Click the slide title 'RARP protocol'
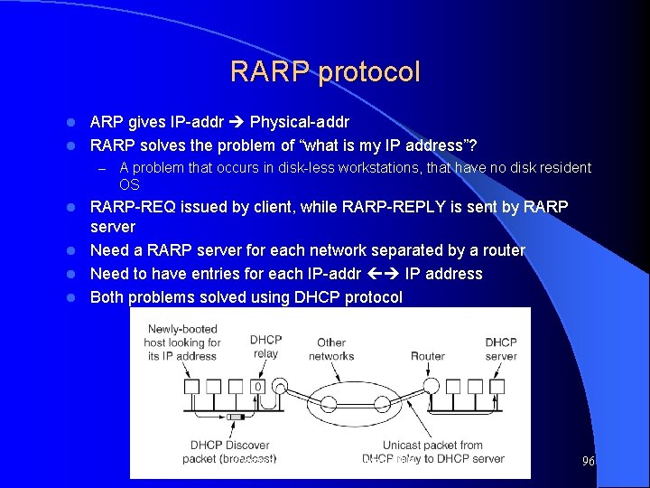(325, 71)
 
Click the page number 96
(588, 461)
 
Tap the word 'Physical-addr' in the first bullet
(300, 121)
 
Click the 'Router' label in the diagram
(427, 355)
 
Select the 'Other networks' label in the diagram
(331, 349)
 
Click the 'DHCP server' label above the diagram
(501, 349)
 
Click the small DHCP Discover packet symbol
(237, 417)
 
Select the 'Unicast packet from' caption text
(432, 445)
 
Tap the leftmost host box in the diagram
(190, 387)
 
